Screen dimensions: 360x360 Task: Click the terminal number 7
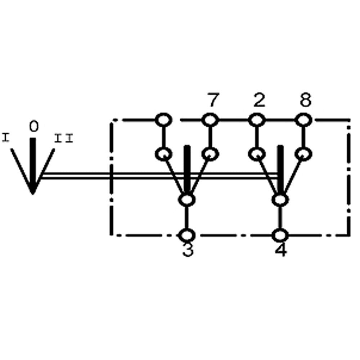(212, 101)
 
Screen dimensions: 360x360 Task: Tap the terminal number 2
(259, 101)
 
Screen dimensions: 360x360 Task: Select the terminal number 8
(305, 101)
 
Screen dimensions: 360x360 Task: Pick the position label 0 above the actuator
(33, 127)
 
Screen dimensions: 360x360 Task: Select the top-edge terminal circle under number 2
(256, 120)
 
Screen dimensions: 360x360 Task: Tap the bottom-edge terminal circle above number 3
(187, 235)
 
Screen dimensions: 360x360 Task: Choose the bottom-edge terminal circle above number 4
(280, 235)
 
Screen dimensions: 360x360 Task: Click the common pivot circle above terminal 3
(187, 199)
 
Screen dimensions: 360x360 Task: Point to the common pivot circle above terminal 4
(280, 199)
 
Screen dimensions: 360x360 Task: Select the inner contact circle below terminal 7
(210, 154)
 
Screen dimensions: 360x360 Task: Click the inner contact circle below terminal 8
(303, 154)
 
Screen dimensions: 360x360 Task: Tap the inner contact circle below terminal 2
(256, 154)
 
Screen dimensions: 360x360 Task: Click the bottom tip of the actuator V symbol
(33, 193)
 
